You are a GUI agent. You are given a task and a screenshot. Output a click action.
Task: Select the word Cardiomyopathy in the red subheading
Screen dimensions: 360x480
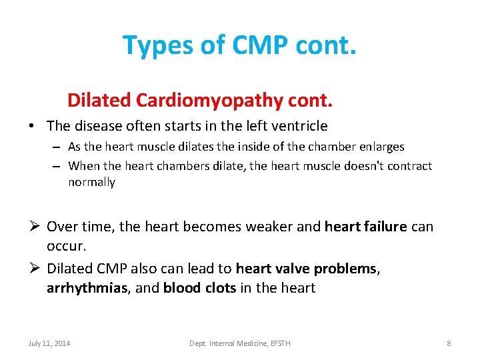(209, 101)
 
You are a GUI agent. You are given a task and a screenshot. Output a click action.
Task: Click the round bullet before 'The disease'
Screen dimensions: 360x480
(33, 126)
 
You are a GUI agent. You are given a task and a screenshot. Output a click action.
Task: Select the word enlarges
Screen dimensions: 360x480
(381, 147)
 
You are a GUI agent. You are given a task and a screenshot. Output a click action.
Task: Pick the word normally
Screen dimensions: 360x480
(91, 182)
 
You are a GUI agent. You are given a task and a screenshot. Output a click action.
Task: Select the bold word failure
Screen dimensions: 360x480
(383, 227)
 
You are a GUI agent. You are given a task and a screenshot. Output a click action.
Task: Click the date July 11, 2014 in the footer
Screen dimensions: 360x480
(49, 343)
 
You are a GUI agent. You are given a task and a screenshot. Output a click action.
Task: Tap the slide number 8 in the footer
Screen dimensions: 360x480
(449, 343)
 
